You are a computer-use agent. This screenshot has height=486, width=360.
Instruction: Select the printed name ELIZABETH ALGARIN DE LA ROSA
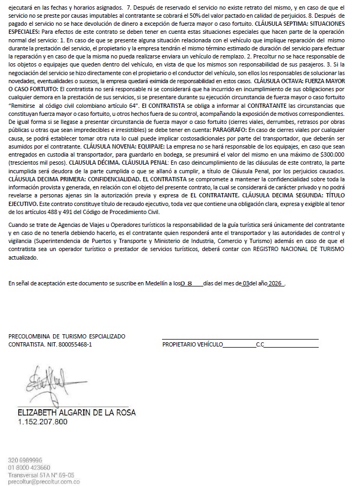(77, 413)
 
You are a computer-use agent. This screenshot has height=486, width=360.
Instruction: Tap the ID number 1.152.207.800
(43, 422)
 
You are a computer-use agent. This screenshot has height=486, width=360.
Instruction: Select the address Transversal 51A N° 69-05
(41, 475)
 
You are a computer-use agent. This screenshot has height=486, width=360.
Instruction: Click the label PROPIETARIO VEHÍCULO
(192, 344)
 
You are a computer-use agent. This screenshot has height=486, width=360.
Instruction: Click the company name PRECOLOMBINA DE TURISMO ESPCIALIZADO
(67, 336)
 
